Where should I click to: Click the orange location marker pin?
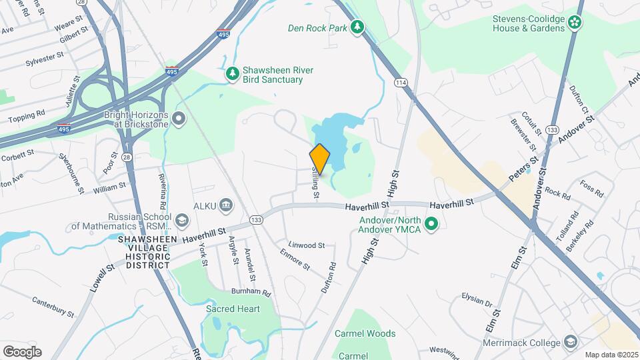pyautogui.click(x=320, y=159)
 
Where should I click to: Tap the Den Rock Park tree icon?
pyautogui.click(x=359, y=27)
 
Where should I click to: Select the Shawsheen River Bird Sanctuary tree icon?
pyautogui.click(x=233, y=75)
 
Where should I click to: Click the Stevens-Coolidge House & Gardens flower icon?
pyautogui.click(x=575, y=24)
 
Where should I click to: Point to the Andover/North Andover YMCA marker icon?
pyautogui.click(x=431, y=224)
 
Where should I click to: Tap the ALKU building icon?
pyautogui.click(x=225, y=204)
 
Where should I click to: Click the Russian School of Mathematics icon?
pyautogui.click(x=181, y=220)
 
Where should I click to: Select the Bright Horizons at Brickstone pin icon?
pyautogui.click(x=178, y=119)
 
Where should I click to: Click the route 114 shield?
pyautogui.click(x=400, y=83)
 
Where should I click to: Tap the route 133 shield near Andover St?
pyautogui.click(x=551, y=129)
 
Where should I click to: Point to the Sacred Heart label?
pyautogui.click(x=233, y=309)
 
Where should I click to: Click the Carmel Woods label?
pyautogui.click(x=365, y=333)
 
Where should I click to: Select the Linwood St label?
pyautogui.click(x=307, y=245)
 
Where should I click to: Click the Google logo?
pyautogui.click(x=22, y=351)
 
